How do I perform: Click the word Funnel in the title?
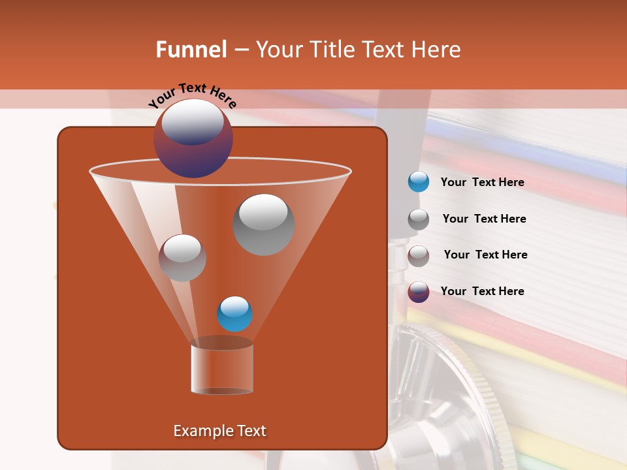click(x=191, y=50)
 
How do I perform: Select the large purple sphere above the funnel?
click(x=193, y=138)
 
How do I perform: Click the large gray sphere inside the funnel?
click(x=264, y=225)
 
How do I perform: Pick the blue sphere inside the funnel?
click(x=234, y=314)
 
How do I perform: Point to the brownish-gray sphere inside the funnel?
click(x=182, y=258)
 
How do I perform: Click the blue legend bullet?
click(x=418, y=182)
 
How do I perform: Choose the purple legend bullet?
click(x=418, y=292)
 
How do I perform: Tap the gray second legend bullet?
click(x=418, y=219)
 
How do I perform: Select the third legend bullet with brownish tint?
click(x=418, y=255)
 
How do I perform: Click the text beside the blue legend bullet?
click(x=482, y=182)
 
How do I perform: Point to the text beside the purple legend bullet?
click(x=482, y=291)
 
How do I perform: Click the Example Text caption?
click(x=219, y=431)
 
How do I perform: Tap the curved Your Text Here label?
click(x=192, y=94)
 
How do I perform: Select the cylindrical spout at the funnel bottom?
click(x=222, y=369)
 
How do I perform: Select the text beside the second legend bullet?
click(x=484, y=219)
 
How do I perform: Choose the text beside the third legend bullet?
click(x=485, y=255)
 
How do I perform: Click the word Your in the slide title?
click(x=278, y=50)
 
